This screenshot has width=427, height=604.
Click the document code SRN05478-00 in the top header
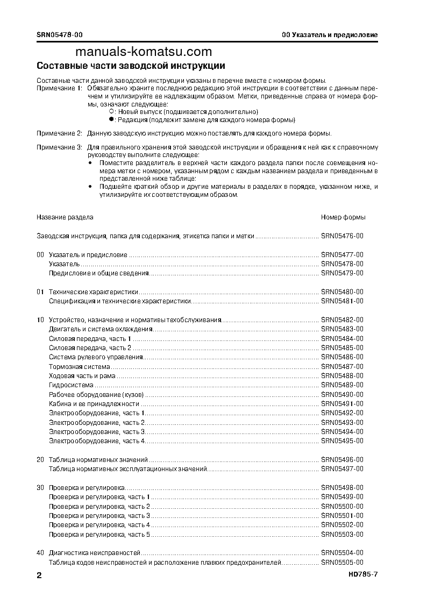(x=60, y=35)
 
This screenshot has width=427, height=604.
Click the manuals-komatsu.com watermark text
(x=144, y=52)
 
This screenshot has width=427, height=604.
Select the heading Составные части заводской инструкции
(x=130, y=66)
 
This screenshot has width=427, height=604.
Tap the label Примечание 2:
(x=59, y=133)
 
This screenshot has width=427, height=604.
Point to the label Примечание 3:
(x=59, y=147)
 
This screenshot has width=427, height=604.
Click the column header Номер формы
(x=343, y=217)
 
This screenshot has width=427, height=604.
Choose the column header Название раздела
(x=65, y=217)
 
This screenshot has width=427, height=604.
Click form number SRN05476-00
(x=342, y=236)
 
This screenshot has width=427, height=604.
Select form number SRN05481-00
(x=342, y=301)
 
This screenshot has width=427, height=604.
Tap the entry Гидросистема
(x=71, y=385)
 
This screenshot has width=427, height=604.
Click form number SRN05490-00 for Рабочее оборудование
(x=342, y=394)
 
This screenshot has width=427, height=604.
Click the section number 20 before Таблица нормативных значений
(x=40, y=460)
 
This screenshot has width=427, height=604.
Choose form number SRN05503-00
(x=342, y=534)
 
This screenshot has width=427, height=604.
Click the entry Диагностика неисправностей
(x=95, y=553)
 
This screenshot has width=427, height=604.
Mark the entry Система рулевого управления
(x=96, y=357)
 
